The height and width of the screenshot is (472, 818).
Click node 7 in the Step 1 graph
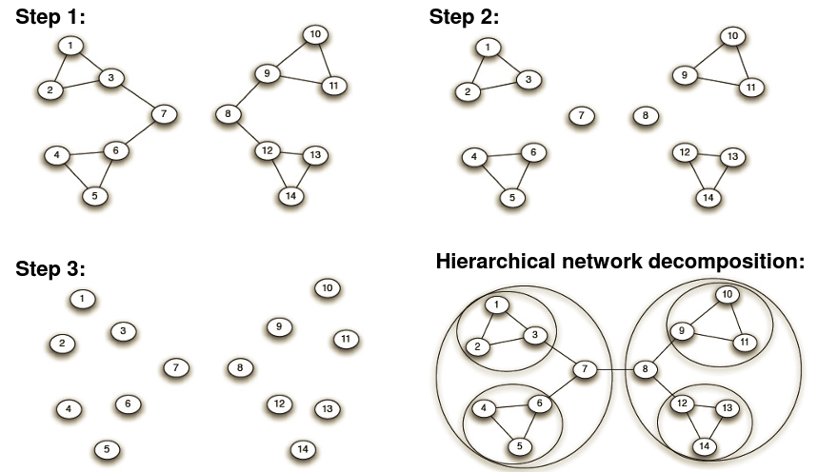click(x=164, y=114)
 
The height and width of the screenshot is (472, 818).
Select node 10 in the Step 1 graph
click(x=315, y=36)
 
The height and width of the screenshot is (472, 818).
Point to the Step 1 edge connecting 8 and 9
click(x=246, y=94)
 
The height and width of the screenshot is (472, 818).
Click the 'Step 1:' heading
click(x=51, y=16)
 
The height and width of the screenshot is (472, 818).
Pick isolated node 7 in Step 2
click(x=580, y=116)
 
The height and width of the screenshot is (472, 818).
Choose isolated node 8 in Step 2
click(x=645, y=116)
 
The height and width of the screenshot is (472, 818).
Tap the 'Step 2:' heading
click(x=464, y=16)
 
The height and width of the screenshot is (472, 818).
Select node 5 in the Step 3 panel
click(x=108, y=448)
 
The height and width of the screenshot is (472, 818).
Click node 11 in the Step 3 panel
click(x=345, y=338)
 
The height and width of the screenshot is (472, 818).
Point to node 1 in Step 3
click(x=83, y=300)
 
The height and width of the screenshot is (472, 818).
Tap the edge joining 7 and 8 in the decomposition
click(x=616, y=368)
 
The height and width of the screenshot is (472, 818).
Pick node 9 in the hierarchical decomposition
click(x=680, y=331)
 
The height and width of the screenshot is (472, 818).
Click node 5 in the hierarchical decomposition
click(x=518, y=444)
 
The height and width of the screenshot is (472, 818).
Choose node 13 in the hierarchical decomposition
click(x=727, y=408)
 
